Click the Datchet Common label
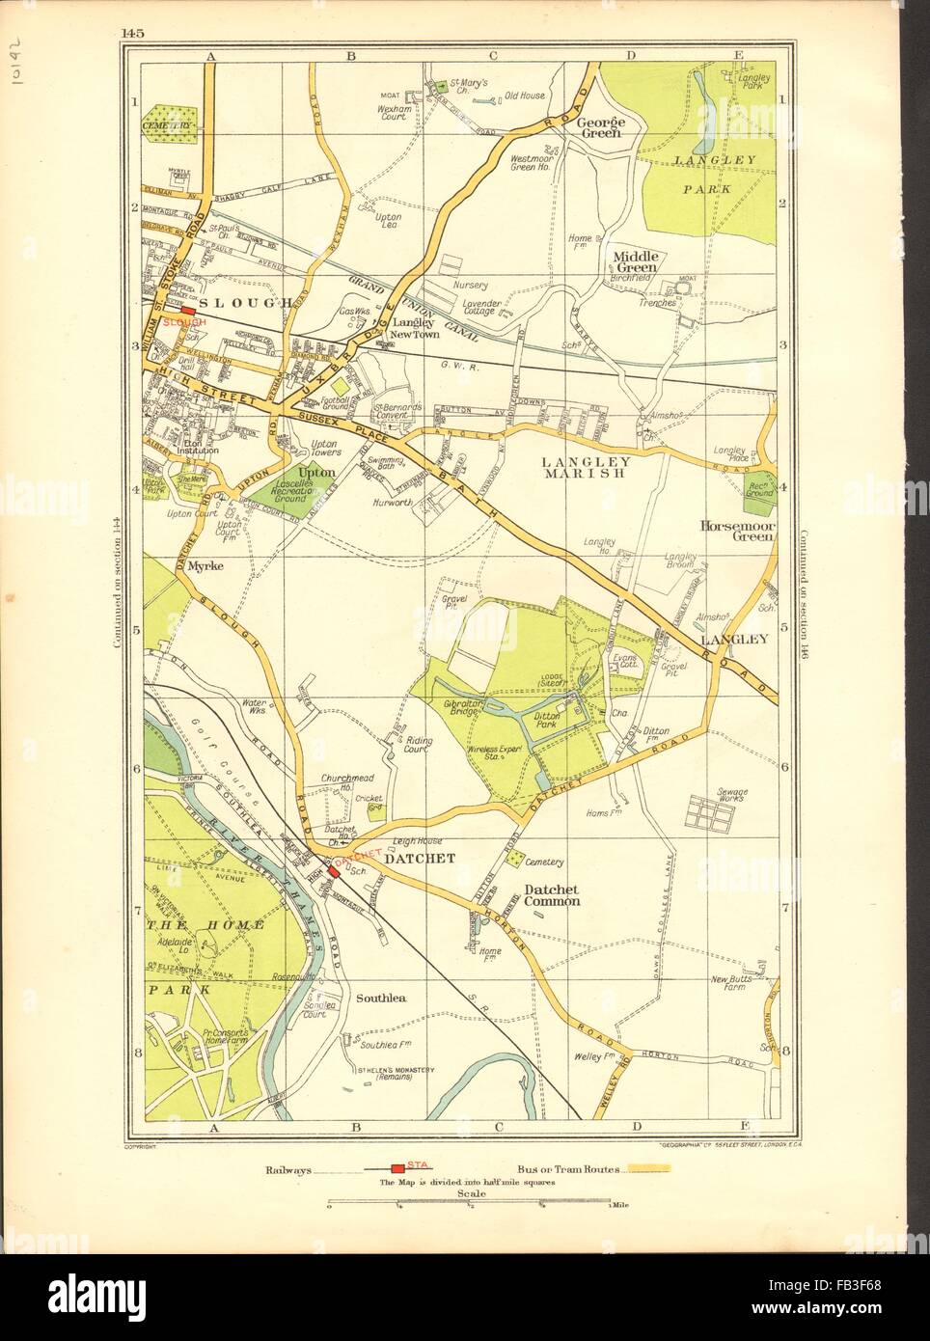(552, 895)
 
